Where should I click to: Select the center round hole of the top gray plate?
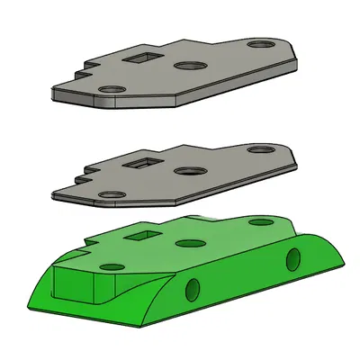point(190,67)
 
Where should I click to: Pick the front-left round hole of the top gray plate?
point(112,90)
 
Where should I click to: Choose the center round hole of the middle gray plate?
point(189,171)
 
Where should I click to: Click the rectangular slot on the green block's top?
point(142,236)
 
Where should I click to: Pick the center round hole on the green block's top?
point(189,243)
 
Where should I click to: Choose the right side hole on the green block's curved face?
point(292,259)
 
